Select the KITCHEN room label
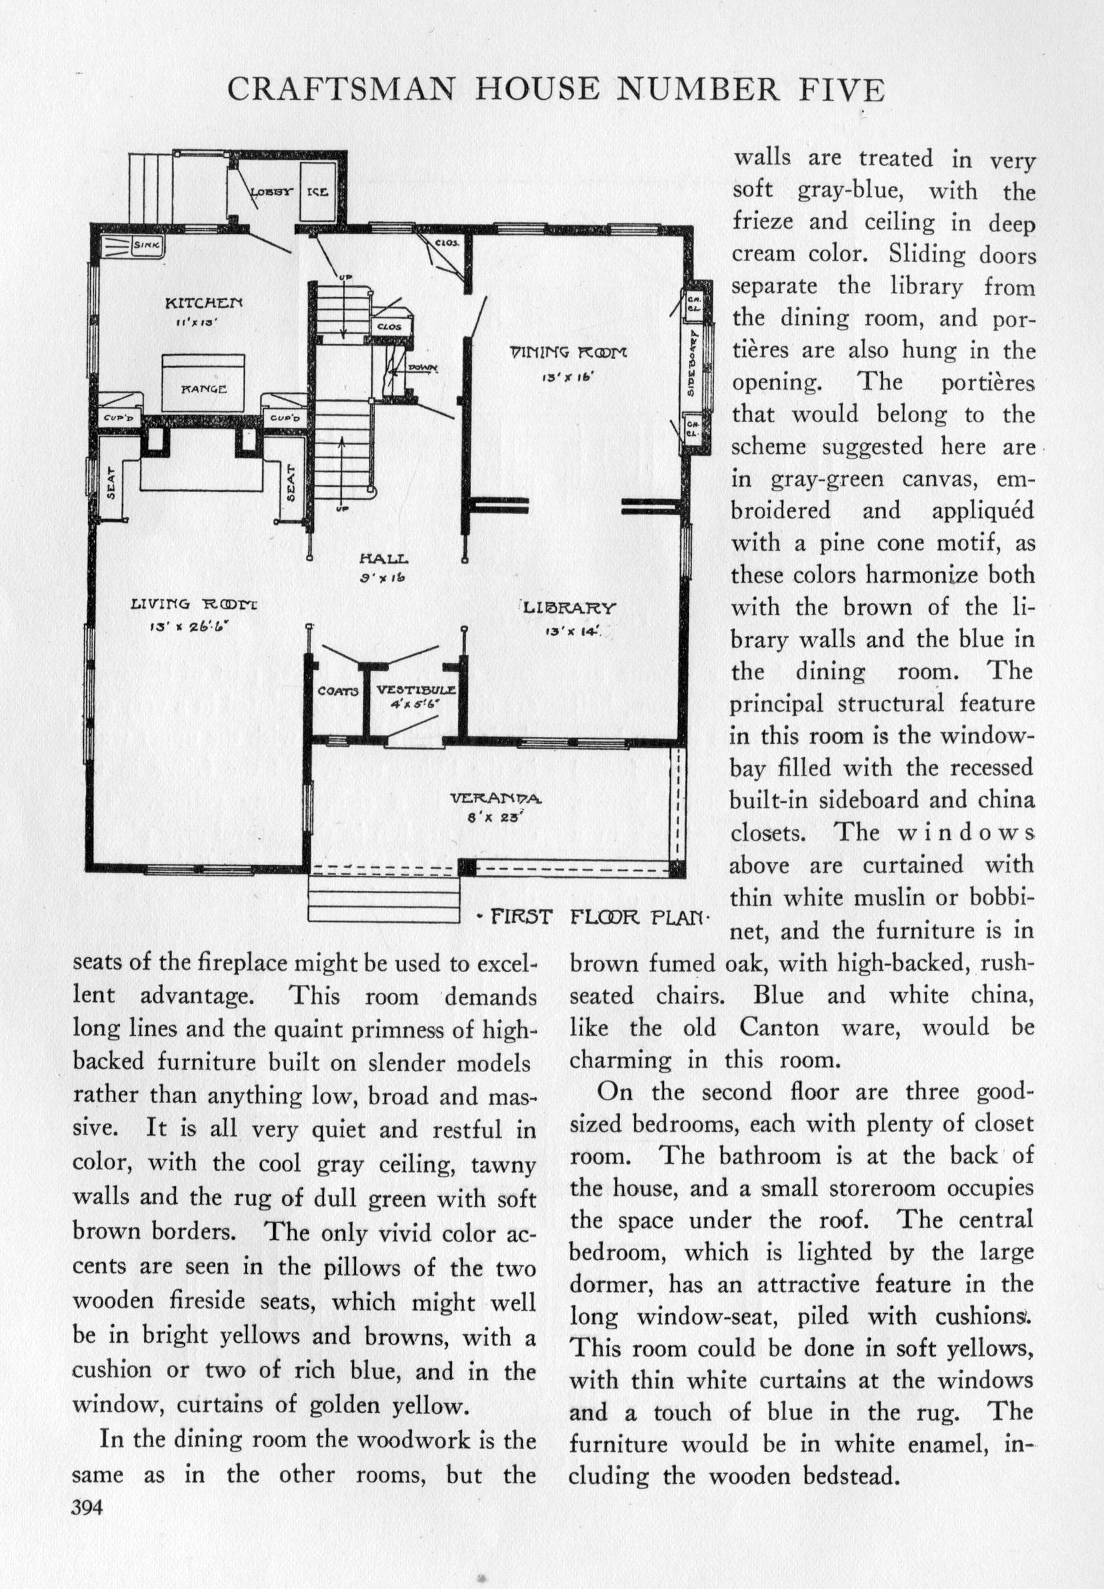[204, 302]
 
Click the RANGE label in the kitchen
[204, 389]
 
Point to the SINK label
[147, 244]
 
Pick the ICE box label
[318, 191]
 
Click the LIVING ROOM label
[195, 604]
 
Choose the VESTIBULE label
[416, 690]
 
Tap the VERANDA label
[497, 799]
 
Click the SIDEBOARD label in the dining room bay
[692, 371]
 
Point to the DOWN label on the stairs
[418, 367]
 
